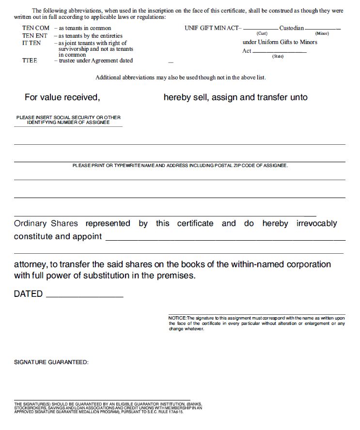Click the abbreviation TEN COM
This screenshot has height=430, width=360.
click(x=35, y=28)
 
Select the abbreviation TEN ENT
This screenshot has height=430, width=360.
click(x=34, y=35)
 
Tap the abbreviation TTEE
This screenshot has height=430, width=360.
click(x=30, y=61)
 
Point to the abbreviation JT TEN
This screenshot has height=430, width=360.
click(x=31, y=43)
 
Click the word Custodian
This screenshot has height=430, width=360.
click(x=292, y=28)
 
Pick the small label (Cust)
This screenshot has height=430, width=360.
click(x=262, y=33)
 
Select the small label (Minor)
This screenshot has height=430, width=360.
click(x=322, y=33)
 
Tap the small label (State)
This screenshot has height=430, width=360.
click(x=278, y=57)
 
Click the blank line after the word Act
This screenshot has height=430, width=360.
click(x=280, y=51)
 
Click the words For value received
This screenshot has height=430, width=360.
click(x=62, y=97)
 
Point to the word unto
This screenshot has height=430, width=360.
click(x=299, y=97)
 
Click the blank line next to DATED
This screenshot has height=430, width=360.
click(x=84, y=296)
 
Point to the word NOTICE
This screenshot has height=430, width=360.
click(x=177, y=318)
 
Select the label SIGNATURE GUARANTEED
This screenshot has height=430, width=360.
click(x=51, y=362)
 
